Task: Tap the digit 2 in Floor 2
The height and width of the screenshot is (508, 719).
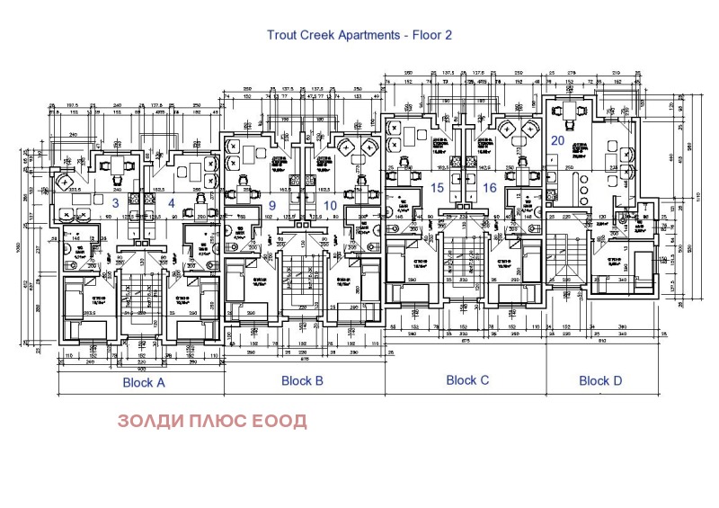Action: coord(448,36)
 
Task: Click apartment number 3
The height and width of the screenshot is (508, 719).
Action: coord(115,203)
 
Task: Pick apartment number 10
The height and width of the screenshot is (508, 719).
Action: coord(330,206)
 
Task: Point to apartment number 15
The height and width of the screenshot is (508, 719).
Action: coord(438,188)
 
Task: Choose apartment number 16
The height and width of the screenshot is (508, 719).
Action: coord(489,188)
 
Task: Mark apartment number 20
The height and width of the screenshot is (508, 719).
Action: coord(557,140)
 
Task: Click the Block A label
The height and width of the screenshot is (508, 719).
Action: coord(143,382)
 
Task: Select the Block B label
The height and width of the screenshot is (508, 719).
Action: coord(302,380)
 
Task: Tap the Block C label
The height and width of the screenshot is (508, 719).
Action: coord(467,380)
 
